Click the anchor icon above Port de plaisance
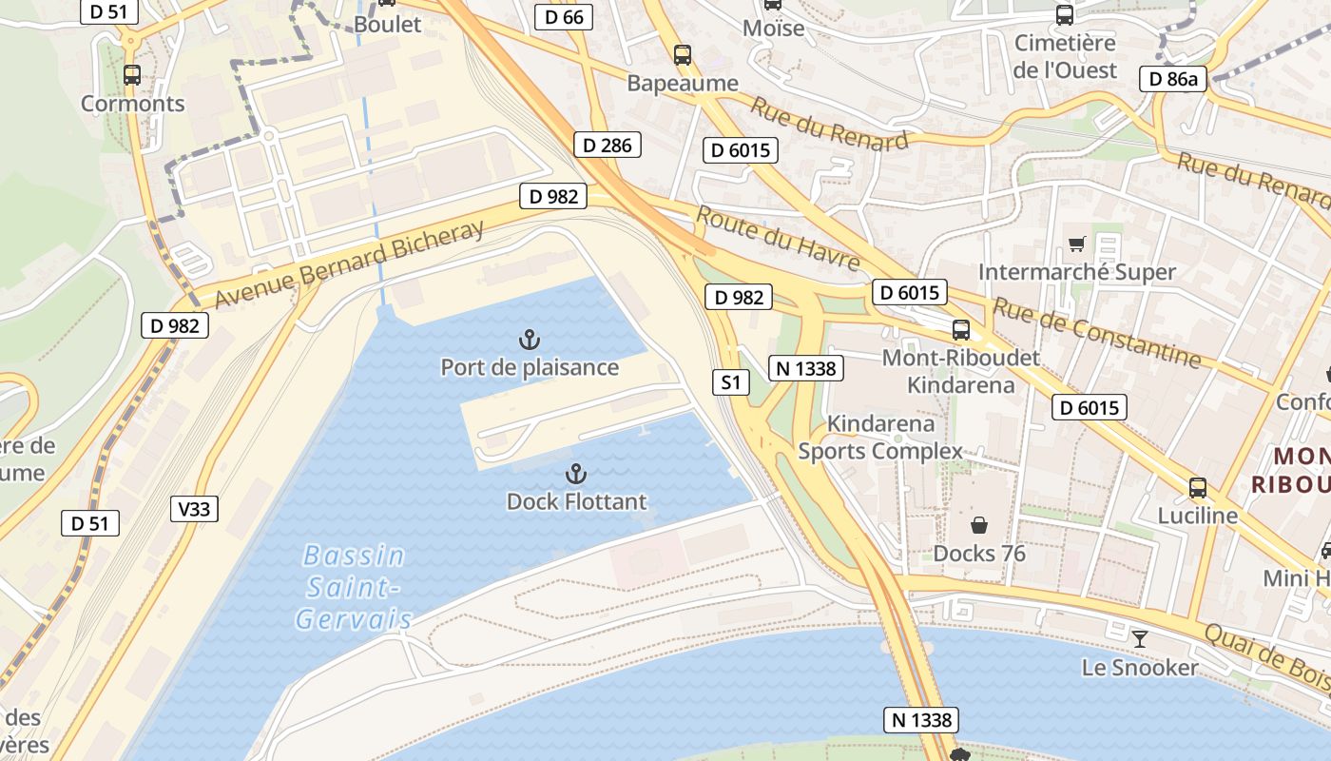tap(530, 339)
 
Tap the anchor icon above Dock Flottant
tap(575, 474)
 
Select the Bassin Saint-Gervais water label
tap(354, 587)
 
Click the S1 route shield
tap(730, 382)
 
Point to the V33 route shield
tap(194, 509)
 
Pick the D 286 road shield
tap(608, 145)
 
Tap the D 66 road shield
tap(564, 16)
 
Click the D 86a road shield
tap(1173, 79)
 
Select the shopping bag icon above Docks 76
tap(978, 525)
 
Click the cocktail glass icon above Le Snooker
tap(1140, 638)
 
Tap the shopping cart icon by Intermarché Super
tap(1076, 244)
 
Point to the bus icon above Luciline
tap(1197, 488)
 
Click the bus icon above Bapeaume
tap(682, 55)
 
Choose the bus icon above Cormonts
tap(132, 75)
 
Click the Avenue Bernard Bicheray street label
tap(350, 264)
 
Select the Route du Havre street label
tap(778, 238)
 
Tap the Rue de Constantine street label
tap(1096, 331)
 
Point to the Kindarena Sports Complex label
tap(880, 437)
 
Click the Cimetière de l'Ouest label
tap(1065, 56)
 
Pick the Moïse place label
tap(773, 28)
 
